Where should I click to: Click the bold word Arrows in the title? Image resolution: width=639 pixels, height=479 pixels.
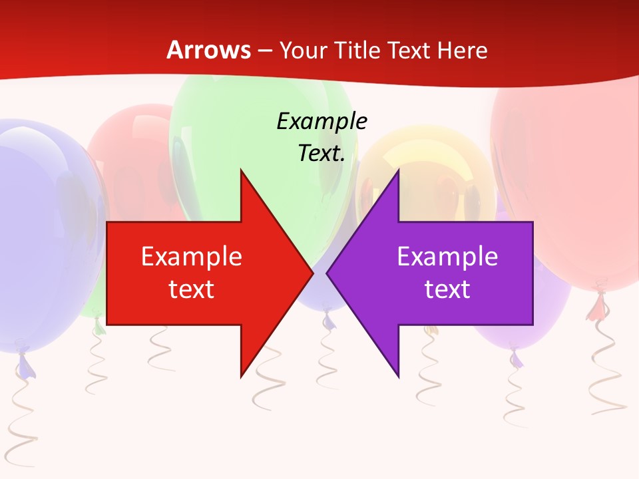pos(208,50)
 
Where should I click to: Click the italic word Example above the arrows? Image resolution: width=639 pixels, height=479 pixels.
pos(321,122)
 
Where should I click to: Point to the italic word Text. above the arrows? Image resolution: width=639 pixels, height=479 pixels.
pos(321,154)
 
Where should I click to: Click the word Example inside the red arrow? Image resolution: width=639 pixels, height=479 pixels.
pos(191,257)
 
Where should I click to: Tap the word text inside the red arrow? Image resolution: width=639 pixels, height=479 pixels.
pos(191,289)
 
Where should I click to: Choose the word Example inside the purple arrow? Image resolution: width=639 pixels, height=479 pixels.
pos(447,257)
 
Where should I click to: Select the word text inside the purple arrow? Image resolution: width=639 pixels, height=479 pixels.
pos(447,289)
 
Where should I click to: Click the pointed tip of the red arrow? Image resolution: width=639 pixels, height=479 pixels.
pos(312,272)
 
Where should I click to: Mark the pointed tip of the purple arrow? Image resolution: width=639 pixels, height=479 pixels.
pos(327,272)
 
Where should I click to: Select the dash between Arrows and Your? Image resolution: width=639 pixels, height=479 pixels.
pos(264,51)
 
